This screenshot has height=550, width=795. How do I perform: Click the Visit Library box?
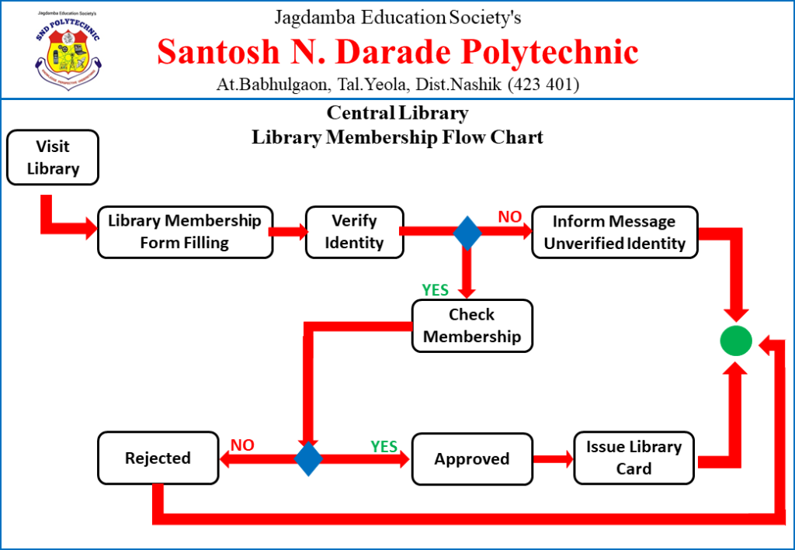[53, 157]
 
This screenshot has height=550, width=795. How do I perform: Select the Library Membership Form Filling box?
[185, 232]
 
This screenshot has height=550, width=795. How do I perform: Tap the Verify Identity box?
[354, 232]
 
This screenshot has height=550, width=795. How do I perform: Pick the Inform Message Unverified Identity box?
[614, 232]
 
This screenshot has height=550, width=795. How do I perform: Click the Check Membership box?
[472, 326]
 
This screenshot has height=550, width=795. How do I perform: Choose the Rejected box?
[158, 458]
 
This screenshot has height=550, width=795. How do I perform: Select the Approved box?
[472, 458]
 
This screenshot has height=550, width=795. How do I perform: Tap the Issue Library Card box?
[634, 458]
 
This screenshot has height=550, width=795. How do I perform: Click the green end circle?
[735, 341]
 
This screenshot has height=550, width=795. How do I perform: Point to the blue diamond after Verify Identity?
[467, 233]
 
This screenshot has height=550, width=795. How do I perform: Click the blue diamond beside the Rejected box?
[308, 458]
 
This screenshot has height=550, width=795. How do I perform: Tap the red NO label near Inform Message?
[509, 217]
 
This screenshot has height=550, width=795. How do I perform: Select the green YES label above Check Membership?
[435, 289]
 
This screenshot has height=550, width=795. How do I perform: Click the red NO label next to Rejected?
[242, 445]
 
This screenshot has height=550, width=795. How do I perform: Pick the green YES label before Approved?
[384, 446]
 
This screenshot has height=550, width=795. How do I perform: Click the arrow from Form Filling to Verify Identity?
[289, 231]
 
